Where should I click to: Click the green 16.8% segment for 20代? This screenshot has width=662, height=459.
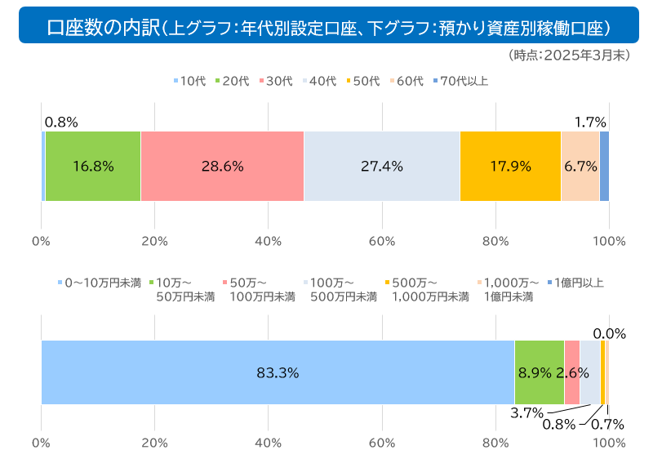92,166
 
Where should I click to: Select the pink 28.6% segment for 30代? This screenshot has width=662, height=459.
222,166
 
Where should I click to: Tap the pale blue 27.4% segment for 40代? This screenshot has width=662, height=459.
381,166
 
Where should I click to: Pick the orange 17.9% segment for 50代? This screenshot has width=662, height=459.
510,166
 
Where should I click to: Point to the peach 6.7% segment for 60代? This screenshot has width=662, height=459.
580,166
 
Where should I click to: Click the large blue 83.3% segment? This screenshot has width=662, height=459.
278,372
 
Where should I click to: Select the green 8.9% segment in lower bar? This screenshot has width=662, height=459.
539,372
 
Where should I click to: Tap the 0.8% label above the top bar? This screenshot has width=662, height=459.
61,123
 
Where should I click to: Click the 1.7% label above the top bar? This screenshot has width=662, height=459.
590,123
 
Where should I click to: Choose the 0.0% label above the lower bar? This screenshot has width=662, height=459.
609,333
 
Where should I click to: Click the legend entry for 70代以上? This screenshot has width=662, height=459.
460,80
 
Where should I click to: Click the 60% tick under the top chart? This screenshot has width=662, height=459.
382,241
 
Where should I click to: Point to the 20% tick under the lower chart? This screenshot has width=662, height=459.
154,443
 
